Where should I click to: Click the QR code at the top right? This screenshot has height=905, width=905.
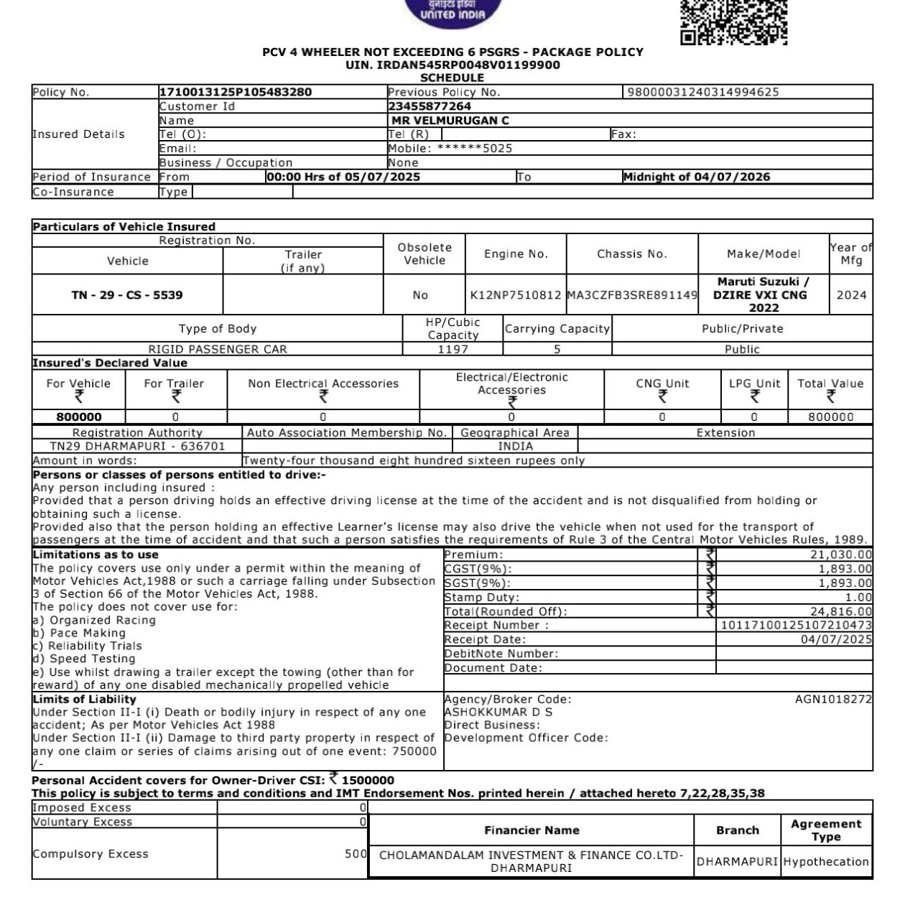point(733,22)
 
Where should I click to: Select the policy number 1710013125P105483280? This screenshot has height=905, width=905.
point(235,92)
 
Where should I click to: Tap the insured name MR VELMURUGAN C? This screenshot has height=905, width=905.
point(450,121)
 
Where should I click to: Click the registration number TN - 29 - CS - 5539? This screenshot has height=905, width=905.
point(127,295)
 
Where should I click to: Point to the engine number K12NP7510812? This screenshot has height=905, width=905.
point(515,295)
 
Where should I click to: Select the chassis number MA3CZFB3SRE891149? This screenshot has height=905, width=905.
point(632,295)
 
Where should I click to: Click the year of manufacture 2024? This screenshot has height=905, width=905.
point(851,295)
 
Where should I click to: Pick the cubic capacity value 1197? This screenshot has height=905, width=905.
point(452,350)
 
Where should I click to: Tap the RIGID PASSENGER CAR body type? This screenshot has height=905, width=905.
point(218,350)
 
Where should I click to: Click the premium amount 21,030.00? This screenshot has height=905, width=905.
point(841,554)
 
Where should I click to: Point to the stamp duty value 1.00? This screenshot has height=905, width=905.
point(858,598)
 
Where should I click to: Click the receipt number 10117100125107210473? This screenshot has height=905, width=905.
point(796,626)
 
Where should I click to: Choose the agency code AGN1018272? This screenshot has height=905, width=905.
point(833,699)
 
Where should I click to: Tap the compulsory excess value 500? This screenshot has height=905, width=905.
point(356,854)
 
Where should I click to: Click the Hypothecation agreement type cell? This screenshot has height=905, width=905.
point(826,862)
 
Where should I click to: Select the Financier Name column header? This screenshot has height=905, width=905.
point(532,830)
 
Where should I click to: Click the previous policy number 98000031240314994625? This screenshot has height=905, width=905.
point(703,92)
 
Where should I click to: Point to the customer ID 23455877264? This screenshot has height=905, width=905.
point(430,106)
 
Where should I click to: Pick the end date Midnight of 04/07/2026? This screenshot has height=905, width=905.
point(696,177)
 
